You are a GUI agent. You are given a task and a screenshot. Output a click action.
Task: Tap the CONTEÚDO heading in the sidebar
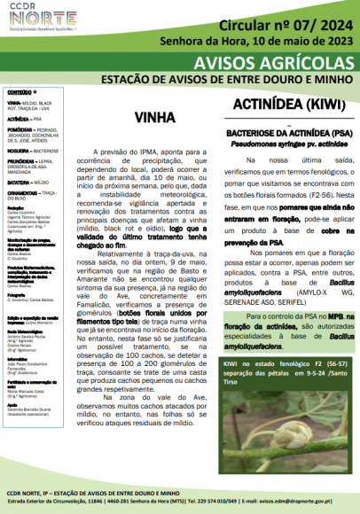click(x=21, y=92)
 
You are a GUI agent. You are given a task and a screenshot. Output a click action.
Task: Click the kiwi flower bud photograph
click(x=283, y=434)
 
